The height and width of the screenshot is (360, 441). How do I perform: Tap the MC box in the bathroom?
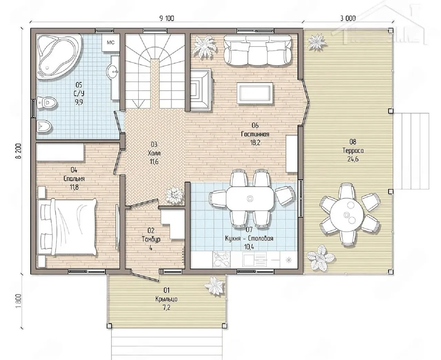pyautogui.click(x=111, y=42)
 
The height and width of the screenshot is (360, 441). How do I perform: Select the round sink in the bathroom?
pyautogui.click(x=113, y=71)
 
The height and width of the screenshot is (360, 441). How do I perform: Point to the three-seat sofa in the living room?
pyautogui.click(x=258, y=50)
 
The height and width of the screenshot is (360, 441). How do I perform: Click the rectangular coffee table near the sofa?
pyautogui.click(x=255, y=93)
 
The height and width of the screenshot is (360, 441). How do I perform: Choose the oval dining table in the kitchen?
pyautogui.click(x=250, y=198)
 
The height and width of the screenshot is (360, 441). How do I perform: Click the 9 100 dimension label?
pyautogui.click(x=167, y=18)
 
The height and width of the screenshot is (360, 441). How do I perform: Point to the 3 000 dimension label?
pyautogui.click(x=348, y=18)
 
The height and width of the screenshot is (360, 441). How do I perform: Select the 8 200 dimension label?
pyautogui.click(x=18, y=151)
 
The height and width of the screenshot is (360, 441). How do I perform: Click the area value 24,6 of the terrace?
pyautogui.click(x=353, y=159)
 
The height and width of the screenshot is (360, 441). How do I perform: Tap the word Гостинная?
pyautogui.click(x=255, y=134)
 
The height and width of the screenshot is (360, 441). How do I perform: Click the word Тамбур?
pyautogui.click(x=151, y=239)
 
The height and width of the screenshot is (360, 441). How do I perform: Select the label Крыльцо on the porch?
pyautogui.click(x=166, y=299)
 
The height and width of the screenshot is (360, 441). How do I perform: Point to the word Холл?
pyautogui.click(x=154, y=153)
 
